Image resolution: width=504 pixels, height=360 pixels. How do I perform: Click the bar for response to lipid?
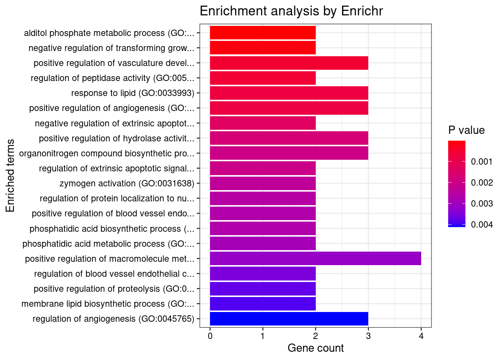289,93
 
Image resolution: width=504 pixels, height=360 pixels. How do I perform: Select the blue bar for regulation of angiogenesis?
289,319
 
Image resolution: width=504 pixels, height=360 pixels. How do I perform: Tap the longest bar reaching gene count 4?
315,259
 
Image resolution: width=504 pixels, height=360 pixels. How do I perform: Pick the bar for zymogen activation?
262,183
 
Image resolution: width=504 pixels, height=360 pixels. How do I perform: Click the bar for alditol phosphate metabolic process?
262,33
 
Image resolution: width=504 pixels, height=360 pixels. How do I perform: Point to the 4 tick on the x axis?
421,336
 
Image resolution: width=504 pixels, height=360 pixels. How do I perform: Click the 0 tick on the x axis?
210,336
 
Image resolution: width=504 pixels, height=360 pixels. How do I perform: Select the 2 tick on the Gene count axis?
316,336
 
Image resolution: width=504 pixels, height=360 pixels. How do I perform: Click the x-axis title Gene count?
315,348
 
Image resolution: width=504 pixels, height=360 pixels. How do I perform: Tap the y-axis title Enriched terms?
10,175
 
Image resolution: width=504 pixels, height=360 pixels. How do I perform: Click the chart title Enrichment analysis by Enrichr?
291,11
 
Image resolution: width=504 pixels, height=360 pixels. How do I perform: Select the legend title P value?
466,130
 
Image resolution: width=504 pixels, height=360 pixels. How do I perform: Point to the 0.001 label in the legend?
481,162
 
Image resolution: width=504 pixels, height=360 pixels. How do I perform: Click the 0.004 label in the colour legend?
481,225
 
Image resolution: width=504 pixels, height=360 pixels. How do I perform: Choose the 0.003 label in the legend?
481,204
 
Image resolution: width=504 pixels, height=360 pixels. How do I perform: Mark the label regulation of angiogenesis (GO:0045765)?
114,319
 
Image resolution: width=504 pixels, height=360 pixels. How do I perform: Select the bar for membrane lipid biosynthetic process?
262,304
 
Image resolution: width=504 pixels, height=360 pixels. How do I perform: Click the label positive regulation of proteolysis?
114,289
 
